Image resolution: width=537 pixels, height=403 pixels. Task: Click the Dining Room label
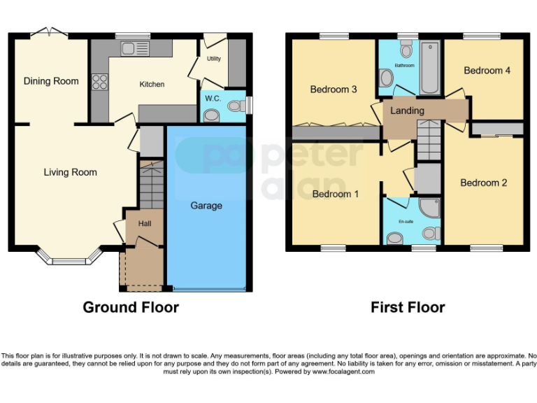[x=51, y=81]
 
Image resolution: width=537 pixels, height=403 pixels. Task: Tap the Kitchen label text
[x=152, y=85]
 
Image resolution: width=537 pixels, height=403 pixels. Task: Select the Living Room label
[x=70, y=172]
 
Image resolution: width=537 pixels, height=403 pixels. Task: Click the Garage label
[x=206, y=206]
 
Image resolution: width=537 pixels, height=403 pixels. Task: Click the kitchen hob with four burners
[x=99, y=82]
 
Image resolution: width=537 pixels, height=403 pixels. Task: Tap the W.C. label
[x=213, y=99]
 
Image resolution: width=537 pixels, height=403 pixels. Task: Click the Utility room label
[x=213, y=59]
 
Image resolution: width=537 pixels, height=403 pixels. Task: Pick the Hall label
[x=145, y=224]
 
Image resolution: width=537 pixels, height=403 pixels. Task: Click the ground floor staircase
[x=150, y=185]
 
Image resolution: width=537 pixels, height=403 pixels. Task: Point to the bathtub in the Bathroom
[x=429, y=69]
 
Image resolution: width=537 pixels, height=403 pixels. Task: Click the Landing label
[x=407, y=111]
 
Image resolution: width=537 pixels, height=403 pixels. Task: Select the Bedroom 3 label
[x=334, y=90]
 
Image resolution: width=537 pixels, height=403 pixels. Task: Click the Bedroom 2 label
[x=484, y=183]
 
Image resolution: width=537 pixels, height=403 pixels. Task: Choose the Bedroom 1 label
[x=336, y=194]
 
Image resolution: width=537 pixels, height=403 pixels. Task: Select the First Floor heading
[x=408, y=307]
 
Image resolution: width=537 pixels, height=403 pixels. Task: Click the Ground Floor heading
[x=131, y=307]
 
